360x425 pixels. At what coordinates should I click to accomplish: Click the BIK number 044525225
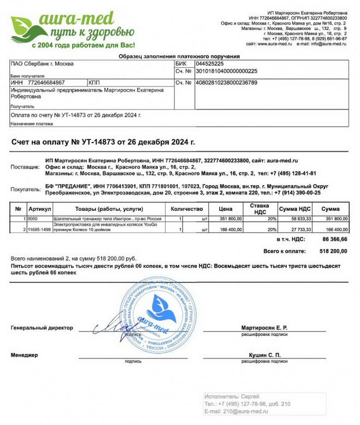(214, 64)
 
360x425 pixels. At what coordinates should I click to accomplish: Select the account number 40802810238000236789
(226, 82)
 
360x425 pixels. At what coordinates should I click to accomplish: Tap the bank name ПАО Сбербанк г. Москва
(42, 64)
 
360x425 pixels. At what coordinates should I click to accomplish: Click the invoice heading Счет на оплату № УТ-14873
(103, 142)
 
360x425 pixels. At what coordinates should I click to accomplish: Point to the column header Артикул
(40, 209)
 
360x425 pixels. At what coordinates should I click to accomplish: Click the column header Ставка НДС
(259, 209)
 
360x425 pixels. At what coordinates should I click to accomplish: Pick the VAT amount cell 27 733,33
(298, 229)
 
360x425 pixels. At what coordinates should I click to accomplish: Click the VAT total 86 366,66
(334, 240)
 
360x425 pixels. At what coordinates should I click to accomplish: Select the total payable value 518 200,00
(333, 251)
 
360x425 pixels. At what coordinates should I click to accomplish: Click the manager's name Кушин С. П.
(264, 355)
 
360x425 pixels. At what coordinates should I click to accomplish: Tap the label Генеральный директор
(42, 328)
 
